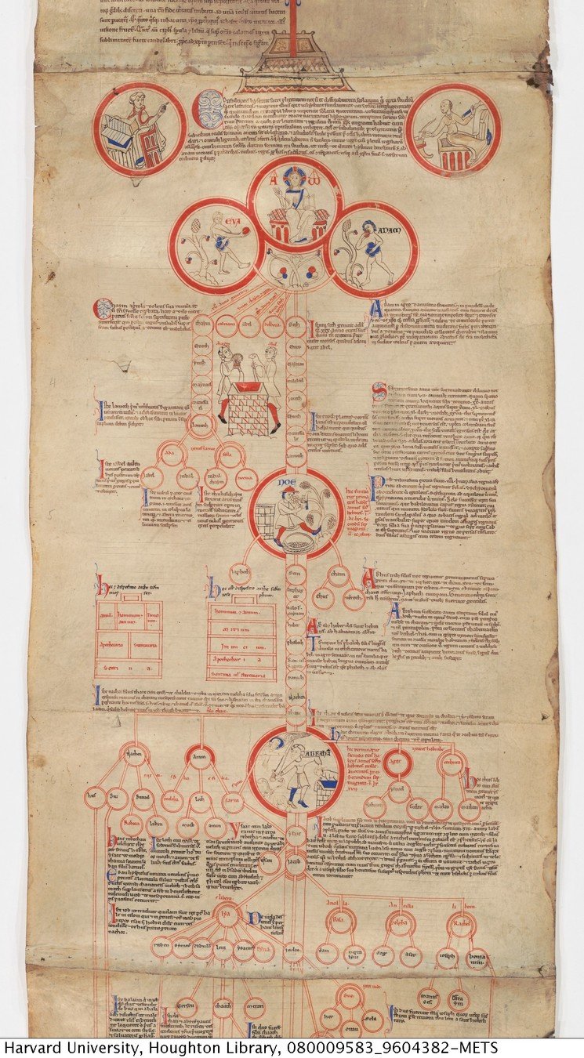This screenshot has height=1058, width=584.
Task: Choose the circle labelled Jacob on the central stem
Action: [296, 864]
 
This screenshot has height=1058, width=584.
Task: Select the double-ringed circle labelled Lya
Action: [227, 917]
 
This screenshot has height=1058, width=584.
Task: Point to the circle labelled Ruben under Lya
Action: [161, 947]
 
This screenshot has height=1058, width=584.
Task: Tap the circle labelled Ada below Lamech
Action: [167, 455]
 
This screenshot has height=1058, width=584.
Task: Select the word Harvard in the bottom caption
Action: [28, 1049]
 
